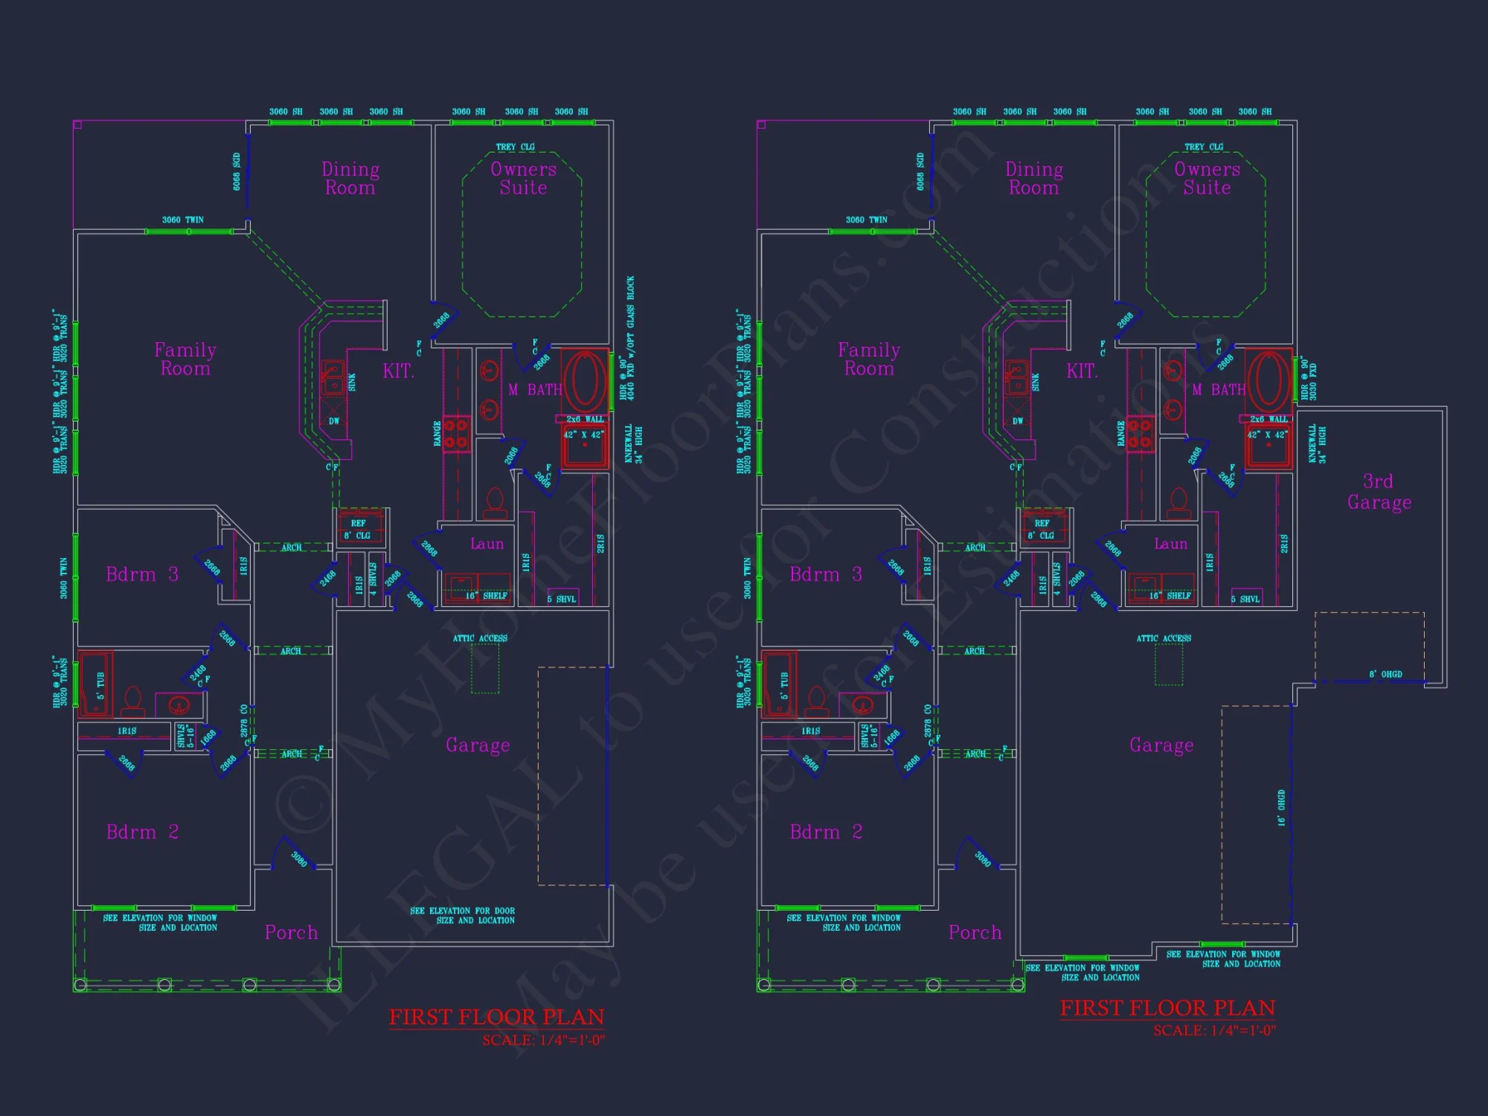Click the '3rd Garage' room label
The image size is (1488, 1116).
[x=1379, y=492]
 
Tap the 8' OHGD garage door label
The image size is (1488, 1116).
[x=1385, y=674]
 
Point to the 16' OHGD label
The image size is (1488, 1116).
[x=1281, y=808]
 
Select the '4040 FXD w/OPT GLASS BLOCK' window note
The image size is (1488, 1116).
[x=631, y=339]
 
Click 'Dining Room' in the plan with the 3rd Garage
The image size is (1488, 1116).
[x=1033, y=179]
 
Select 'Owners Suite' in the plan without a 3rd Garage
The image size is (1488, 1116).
[x=523, y=179]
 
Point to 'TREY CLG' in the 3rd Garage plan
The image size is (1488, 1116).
[x=1204, y=147]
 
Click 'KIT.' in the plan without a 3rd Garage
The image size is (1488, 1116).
[x=398, y=371]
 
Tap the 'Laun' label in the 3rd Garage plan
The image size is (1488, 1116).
[x=1170, y=544]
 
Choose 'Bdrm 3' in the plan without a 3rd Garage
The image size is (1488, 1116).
[x=142, y=574]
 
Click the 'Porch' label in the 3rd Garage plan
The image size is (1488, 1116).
[x=975, y=932]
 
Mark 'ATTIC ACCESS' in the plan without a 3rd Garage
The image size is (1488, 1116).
[x=480, y=638]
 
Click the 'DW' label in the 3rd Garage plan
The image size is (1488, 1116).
[x=1017, y=421]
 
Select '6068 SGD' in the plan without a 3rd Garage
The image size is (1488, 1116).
[x=237, y=172]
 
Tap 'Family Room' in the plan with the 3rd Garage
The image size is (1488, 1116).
[x=868, y=359]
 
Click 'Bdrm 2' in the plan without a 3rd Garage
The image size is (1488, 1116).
[x=142, y=832]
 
